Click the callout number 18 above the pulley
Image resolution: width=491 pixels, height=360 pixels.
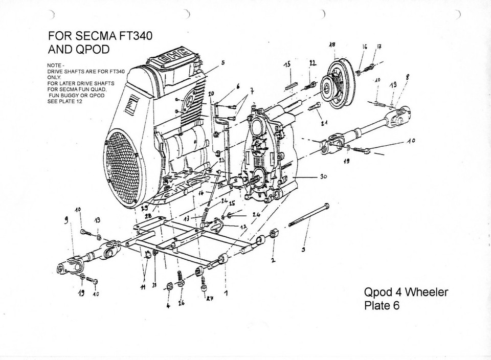coord(332,45)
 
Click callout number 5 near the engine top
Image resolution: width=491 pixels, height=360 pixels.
coord(222,63)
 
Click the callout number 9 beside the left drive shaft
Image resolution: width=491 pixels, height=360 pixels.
coord(65,221)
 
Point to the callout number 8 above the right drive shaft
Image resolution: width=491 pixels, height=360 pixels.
coord(408,76)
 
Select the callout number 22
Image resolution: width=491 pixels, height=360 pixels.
coord(313,62)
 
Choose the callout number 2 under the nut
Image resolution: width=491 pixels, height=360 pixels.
coord(273,260)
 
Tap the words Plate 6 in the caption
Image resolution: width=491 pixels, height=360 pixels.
coord(383,306)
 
